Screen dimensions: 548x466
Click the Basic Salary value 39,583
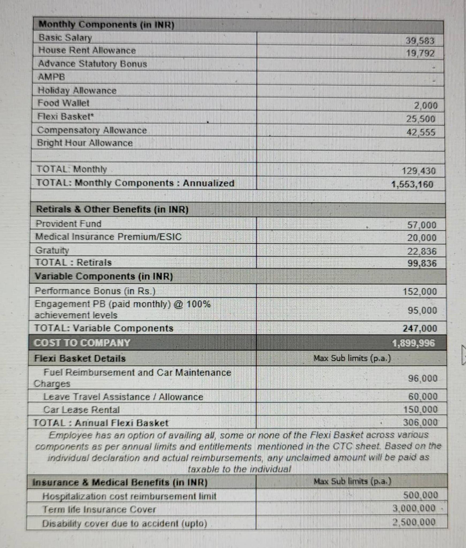click(420, 41)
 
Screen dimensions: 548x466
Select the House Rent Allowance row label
click(87, 50)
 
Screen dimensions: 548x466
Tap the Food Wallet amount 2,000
click(426, 105)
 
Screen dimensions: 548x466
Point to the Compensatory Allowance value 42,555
click(421, 132)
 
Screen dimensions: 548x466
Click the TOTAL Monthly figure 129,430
click(419, 171)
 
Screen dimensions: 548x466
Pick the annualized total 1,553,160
click(412, 184)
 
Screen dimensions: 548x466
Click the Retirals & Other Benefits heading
click(112, 209)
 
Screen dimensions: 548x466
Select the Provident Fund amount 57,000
click(422, 225)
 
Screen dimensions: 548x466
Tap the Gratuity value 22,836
click(422, 251)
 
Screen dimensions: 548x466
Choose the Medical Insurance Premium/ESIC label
click(108, 237)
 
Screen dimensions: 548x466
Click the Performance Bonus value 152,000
click(420, 291)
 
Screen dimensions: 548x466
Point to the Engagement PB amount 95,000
click(422, 310)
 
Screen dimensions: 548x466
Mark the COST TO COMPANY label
click(82, 343)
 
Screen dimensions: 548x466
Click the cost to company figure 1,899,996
click(413, 343)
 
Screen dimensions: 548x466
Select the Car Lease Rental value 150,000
click(420, 409)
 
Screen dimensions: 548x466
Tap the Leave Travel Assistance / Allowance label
click(123, 397)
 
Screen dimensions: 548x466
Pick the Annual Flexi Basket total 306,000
click(420, 423)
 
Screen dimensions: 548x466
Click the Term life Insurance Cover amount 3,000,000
click(414, 508)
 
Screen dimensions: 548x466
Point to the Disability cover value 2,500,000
click(414, 522)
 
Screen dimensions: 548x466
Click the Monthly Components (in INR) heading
click(107, 25)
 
